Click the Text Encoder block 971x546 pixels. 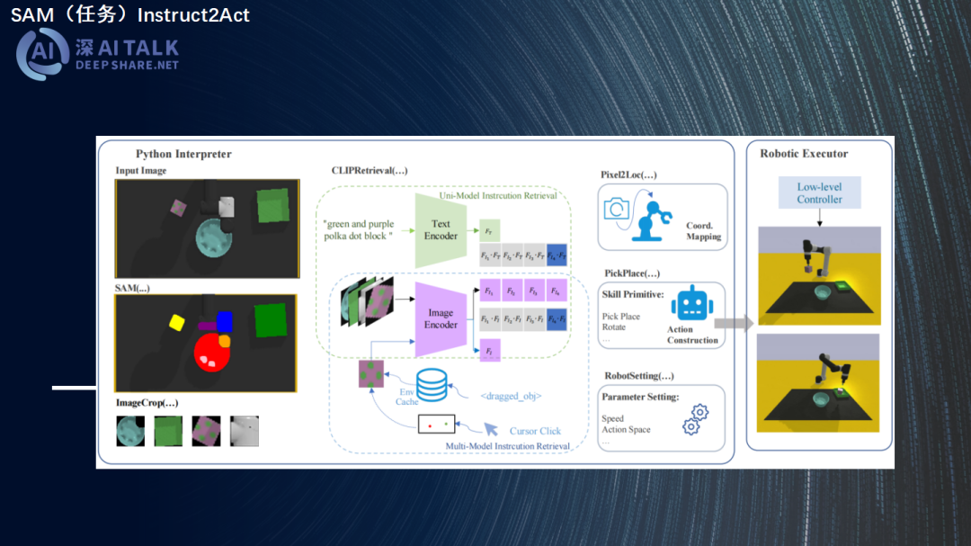point(440,230)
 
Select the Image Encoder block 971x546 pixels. point(440,318)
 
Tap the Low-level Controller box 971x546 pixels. point(819,193)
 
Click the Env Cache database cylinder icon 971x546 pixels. point(432,385)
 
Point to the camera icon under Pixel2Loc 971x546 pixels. point(617,209)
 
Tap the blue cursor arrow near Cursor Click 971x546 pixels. point(491,429)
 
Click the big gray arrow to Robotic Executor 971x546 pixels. point(734,324)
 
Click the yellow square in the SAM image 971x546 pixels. point(176,321)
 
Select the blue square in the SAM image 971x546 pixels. point(224,321)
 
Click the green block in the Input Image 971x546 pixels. point(272,205)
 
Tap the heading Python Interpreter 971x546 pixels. point(183,154)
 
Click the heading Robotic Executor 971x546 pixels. point(804,154)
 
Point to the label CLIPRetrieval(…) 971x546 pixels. point(369,171)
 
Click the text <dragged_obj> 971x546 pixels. point(511,396)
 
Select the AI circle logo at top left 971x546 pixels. point(42,54)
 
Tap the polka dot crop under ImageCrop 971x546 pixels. point(206,431)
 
